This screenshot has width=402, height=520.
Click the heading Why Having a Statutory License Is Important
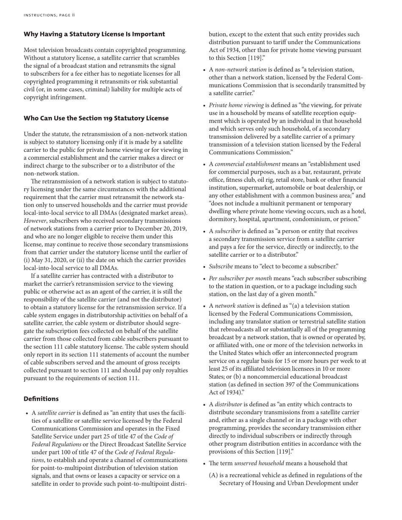tap(94, 34)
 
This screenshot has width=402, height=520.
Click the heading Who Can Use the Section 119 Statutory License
tap(96, 118)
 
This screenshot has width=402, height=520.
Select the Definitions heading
tap(41, 399)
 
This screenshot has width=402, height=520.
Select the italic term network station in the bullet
tap(234, 306)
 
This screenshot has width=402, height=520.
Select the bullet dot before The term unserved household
tap(204, 463)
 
